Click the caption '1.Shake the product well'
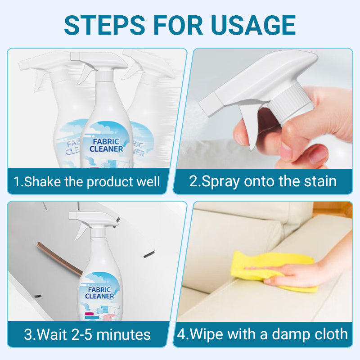point(86,182)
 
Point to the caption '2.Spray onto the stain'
point(263,181)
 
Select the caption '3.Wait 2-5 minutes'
point(87,334)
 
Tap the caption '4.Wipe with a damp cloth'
point(262,334)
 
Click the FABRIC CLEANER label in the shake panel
point(106,145)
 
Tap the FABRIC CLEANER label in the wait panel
point(99,293)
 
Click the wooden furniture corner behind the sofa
point(333,209)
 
